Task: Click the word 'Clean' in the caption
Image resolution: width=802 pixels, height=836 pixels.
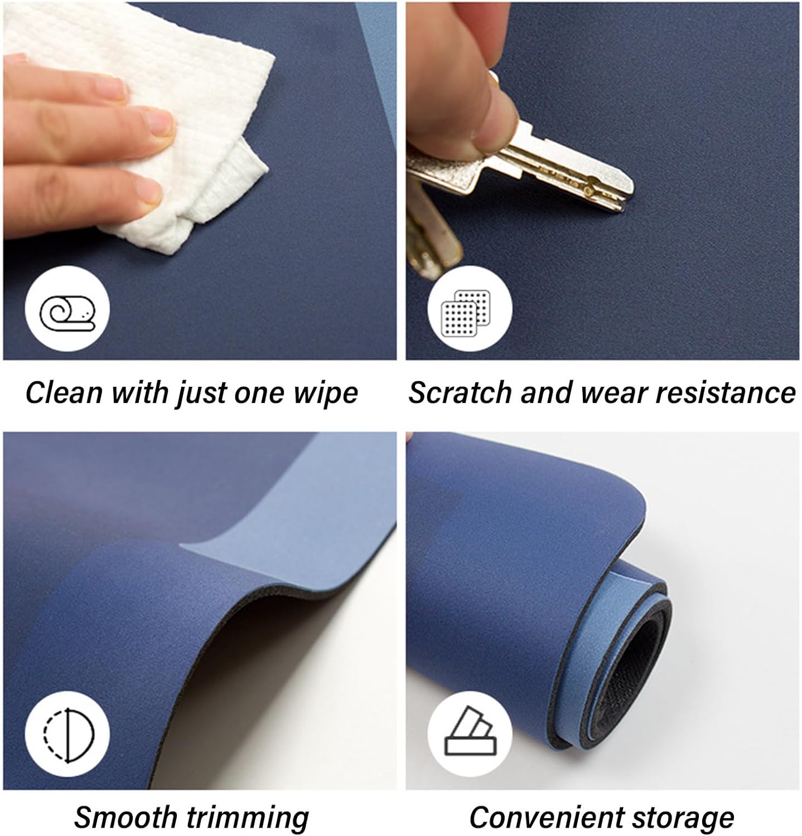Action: point(64,392)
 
